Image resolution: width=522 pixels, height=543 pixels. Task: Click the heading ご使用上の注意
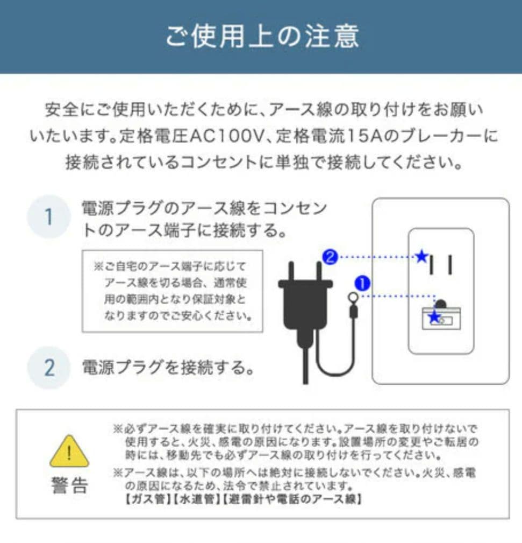coord(261,36)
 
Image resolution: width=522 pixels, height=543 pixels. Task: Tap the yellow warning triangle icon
coord(69,452)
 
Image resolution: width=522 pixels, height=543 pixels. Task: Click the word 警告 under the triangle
coord(69,485)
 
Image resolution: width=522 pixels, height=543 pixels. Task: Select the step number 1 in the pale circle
coord(48,217)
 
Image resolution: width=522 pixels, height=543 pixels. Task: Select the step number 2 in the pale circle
coord(48,368)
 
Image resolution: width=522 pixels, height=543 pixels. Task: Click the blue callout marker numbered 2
coord(330,257)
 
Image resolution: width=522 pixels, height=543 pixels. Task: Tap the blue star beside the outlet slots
coord(422,257)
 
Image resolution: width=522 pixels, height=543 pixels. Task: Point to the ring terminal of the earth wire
coord(353,297)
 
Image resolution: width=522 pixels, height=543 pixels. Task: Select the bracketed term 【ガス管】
coord(142,499)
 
